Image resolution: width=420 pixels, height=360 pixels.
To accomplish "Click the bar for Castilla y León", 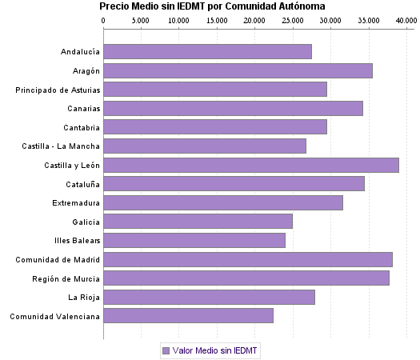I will coord(251,166).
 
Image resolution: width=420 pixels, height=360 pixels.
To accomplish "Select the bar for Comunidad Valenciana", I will coord(189,316).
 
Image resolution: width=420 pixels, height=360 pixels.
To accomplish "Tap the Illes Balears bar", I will coord(194,241).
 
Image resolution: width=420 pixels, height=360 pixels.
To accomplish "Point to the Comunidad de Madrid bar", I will coord(248,260).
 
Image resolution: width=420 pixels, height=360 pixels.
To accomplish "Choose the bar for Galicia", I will coord(198,222).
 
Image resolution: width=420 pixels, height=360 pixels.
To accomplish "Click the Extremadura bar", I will coord(223,203).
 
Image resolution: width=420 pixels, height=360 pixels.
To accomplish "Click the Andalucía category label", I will coord(80,52).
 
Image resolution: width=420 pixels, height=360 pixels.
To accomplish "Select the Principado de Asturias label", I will coord(58,90).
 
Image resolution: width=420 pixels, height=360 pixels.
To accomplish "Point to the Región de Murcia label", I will coord(66,278).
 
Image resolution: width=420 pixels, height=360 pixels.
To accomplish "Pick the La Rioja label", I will coord(84,298).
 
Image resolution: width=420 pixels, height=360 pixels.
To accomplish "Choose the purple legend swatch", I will coord(166,350).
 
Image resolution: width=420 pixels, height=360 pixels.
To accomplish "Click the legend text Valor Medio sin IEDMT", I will coord(216,350).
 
